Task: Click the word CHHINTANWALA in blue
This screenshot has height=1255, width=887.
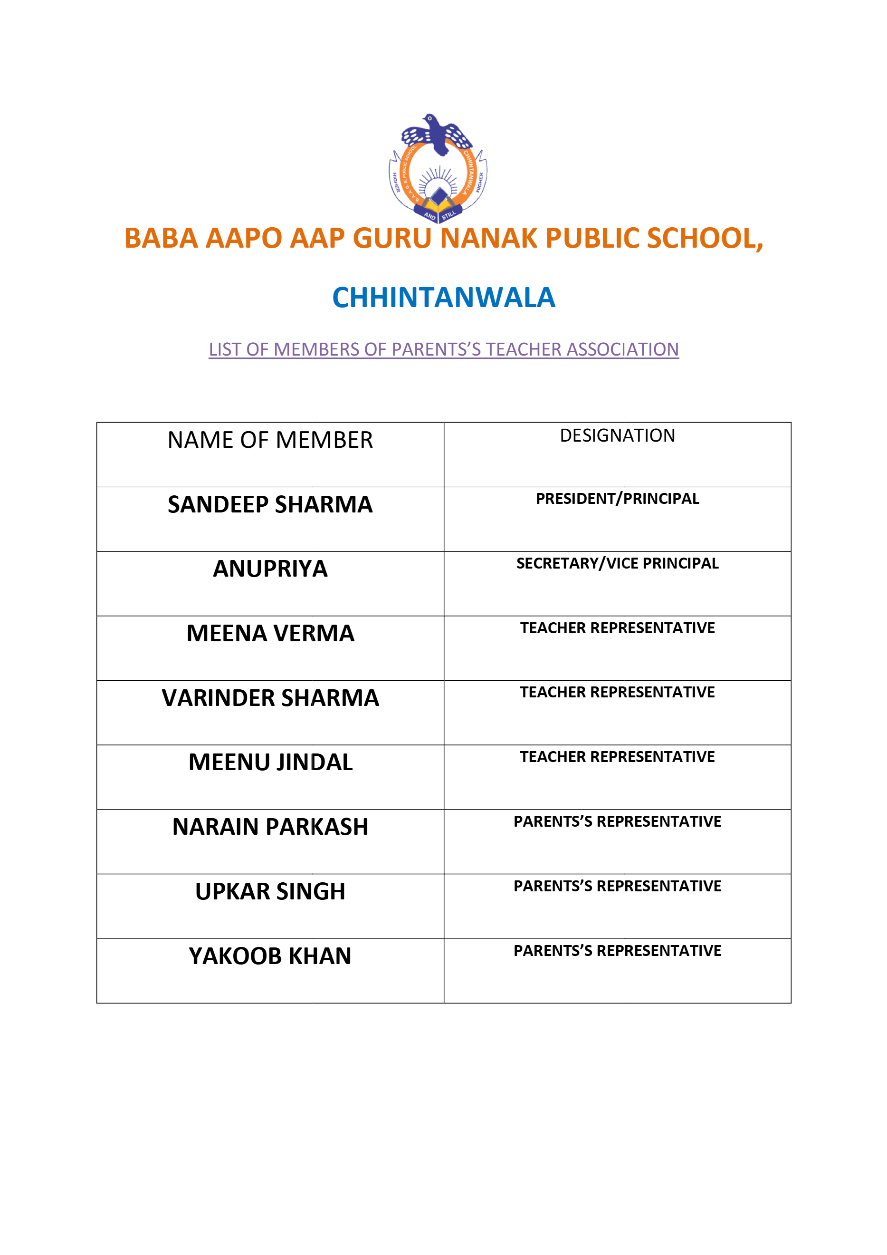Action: [444, 298]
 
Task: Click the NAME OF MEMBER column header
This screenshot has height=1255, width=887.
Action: [270, 441]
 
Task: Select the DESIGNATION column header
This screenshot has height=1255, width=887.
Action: [617, 435]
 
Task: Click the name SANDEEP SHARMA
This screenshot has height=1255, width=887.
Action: [270, 504]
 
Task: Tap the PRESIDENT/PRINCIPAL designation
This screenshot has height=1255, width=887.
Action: [617, 499]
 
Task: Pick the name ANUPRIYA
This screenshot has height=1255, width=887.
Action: [270, 569]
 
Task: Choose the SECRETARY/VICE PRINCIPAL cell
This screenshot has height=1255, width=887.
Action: [617, 563]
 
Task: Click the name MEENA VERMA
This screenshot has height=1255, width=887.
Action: [270, 634]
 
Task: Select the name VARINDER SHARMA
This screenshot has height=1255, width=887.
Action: [270, 698]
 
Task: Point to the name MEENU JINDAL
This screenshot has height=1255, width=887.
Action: [270, 763]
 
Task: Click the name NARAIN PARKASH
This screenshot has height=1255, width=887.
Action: [270, 827]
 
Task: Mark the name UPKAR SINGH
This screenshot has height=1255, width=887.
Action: [270, 891]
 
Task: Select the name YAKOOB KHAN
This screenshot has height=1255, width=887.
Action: [270, 956]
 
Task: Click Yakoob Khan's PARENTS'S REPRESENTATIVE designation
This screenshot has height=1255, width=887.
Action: [617, 951]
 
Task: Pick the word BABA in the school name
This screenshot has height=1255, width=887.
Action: [161, 238]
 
